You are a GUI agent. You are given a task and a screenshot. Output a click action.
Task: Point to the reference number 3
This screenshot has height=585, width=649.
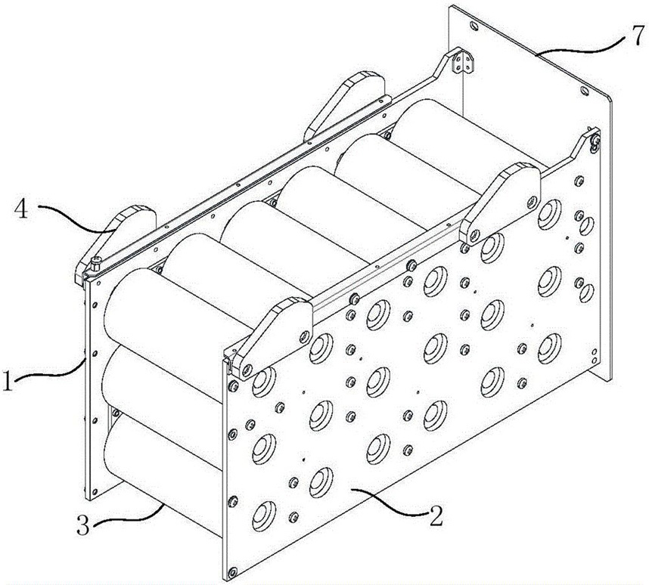(92, 525)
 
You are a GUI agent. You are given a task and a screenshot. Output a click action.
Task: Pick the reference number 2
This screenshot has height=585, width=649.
(435, 517)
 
